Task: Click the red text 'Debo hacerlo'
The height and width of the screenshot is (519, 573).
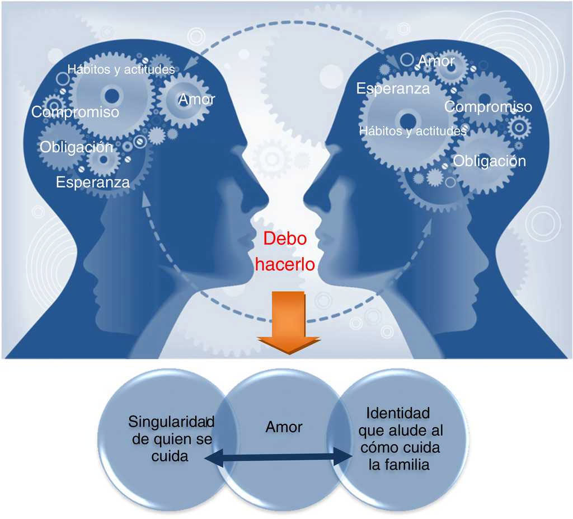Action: click(x=285, y=251)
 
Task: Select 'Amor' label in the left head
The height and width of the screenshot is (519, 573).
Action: click(x=196, y=100)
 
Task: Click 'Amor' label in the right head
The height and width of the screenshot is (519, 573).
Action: click(x=436, y=61)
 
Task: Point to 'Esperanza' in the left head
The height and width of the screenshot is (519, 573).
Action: click(x=93, y=182)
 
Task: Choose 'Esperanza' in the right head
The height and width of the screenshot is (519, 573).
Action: click(x=393, y=88)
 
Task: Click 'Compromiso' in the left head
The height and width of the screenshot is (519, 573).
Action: click(x=75, y=112)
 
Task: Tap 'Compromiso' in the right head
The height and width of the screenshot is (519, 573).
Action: click(x=488, y=106)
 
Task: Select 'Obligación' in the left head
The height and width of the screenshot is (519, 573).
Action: click(x=76, y=148)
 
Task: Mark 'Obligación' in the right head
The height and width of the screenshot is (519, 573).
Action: click(x=489, y=161)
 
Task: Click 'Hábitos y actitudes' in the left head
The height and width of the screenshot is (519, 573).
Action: click(x=121, y=70)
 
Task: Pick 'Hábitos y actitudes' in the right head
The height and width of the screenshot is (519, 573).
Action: click(x=412, y=132)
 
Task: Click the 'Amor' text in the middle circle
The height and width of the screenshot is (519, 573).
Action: click(x=284, y=427)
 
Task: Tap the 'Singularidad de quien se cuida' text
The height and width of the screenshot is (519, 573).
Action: click(x=170, y=438)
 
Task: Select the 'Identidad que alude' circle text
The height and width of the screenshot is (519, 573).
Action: click(x=398, y=439)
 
